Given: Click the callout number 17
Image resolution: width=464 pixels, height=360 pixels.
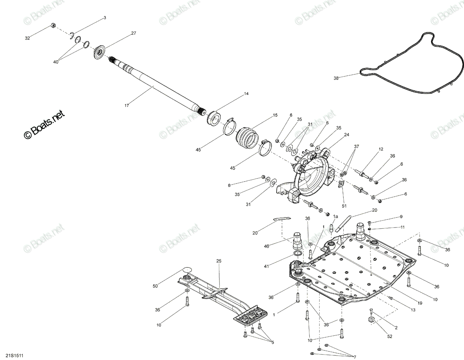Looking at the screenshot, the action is click(126, 105).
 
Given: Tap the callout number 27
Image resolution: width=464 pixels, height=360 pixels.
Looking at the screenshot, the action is click(134, 33).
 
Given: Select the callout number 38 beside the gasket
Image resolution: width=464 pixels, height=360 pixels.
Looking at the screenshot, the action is click(336, 78).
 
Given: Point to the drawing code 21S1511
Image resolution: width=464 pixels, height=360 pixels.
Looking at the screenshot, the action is click(15, 356).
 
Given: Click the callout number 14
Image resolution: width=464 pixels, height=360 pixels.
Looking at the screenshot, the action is click(246, 93).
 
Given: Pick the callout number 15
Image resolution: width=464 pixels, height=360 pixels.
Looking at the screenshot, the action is click(275, 115).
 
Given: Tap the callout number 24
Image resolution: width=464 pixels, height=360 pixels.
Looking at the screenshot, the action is click(346, 134).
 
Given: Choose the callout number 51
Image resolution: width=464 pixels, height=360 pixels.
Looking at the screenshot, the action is click(344, 206).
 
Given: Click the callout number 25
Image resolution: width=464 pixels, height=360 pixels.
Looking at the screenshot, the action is click(219, 261).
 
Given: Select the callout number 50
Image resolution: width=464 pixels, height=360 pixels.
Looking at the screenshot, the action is click(155, 286).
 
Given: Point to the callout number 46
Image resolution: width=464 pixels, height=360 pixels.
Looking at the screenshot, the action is click(266, 246).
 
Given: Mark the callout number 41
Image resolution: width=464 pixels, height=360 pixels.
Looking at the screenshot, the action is click(266, 266).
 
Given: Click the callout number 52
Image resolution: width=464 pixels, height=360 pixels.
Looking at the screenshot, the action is click(390, 336).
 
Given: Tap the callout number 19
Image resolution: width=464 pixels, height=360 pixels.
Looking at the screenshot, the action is click(420, 303).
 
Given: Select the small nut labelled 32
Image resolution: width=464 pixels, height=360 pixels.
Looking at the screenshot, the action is click(53, 25).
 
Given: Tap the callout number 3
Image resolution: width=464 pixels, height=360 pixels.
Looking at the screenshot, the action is click(105, 18).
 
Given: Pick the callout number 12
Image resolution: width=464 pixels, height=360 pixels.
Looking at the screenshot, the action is click(381, 149).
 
